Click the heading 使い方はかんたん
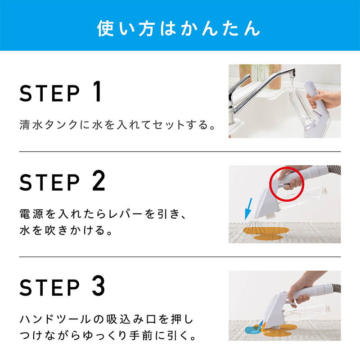pyautogui.click(x=178, y=28)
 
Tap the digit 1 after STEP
pyautogui.click(x=97, y=91)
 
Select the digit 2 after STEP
pyautogui.click(x=99, y=180)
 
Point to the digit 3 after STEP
pyautogui.click(x=99, y=286)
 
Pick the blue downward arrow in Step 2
pyautogui.click(x=248, y=209)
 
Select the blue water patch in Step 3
pyautogui.click(x=252, y=330)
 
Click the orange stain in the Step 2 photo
pyautogui.click(x=266, y=233)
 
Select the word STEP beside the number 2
pyautogui.click(x=49, y=182)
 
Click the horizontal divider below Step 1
pyautogui.click(x=180, y=152)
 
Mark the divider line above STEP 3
pyautogui.click(x=180, y=256)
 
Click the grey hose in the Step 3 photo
pyautogui.click(x=337, y=289)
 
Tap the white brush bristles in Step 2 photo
pyautogui.click(x=271, y=216)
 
